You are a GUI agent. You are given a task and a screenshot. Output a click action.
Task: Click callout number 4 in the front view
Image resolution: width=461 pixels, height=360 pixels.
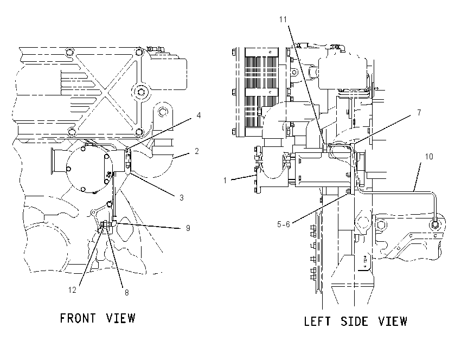[199, 115]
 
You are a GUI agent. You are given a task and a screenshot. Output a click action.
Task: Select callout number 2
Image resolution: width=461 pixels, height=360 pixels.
[197, 151]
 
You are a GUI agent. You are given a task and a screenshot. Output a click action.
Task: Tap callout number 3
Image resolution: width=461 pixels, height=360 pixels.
[182, 198]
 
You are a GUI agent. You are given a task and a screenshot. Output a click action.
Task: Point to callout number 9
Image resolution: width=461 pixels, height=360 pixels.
[188, 228]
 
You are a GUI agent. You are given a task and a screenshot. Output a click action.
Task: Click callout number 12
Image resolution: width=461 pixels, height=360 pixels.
[72, 290]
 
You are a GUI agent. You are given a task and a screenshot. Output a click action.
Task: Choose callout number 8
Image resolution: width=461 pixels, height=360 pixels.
[127, 293]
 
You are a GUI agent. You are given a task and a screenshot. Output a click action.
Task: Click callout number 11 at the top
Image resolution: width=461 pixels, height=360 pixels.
[283, 20]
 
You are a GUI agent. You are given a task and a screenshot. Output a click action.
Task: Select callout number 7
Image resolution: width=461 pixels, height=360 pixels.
[419, 113]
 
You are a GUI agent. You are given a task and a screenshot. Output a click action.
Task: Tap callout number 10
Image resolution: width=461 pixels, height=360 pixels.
[429, 157]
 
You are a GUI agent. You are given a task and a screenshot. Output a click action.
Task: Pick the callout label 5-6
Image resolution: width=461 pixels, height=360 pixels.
[284, 224]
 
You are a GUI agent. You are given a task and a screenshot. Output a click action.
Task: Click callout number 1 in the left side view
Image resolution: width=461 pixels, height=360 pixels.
[225, 181]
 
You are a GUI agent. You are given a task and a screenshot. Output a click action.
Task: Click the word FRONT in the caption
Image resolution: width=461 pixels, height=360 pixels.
[78, 318]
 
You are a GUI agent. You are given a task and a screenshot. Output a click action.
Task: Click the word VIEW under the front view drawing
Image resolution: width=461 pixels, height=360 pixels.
[120, 318]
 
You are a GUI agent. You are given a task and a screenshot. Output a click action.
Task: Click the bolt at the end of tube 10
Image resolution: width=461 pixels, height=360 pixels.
[435, 225]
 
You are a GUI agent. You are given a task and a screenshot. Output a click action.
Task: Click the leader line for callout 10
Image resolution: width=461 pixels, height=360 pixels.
[418, 177]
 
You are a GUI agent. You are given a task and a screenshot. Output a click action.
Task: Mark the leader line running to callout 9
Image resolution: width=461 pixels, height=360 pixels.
[149, 226]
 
